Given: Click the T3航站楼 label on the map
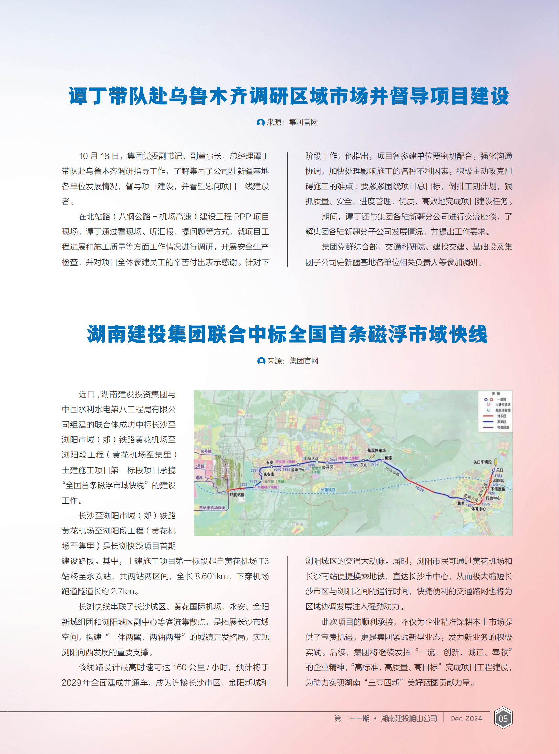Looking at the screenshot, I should (237, 495).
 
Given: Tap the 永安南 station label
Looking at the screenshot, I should (269, 475).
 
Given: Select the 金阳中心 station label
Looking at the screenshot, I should (298, 469).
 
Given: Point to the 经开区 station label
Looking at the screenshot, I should (328, 467).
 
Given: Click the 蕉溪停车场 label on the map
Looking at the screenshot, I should (376, 450).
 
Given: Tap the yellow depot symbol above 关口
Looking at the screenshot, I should (496, 461).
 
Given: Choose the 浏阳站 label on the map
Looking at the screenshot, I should (499, 481).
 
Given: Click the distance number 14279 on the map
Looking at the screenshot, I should (419, 489).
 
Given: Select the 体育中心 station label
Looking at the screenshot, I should (478, 509).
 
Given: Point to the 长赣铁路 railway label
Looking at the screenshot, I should (328, 490).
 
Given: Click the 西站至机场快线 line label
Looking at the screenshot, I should (212, 507).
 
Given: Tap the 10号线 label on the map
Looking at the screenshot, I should (206, 452).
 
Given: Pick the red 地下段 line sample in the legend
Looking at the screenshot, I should (488, 416).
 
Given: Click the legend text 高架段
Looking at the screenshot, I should (501, 422).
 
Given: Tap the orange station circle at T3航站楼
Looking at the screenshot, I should (228, 490).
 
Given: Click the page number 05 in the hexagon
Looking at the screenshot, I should (503, 718).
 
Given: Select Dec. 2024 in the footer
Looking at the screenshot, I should (466, 719).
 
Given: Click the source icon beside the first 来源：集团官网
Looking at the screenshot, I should (261, 122).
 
